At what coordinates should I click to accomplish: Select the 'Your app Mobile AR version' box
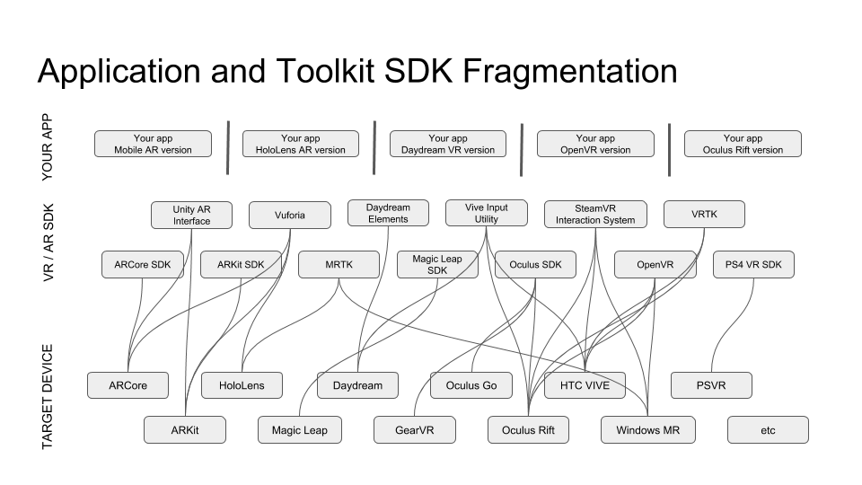pos(153,144)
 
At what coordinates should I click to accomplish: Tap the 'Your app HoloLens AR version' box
pos(300,144)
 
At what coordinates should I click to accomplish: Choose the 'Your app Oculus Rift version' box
pos(742,144)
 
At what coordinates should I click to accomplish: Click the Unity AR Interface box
pos(191,215)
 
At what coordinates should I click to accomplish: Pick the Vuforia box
pos(289,215)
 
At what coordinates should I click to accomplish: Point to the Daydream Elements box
pos(388,213)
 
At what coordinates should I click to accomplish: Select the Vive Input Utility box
pos(486,213)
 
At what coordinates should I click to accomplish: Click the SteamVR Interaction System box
pos(594,214)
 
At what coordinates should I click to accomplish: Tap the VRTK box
pos(704,215)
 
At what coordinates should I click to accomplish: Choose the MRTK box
pos(339,265)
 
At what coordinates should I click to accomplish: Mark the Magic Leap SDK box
pos(437,264)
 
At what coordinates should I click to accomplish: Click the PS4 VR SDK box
pos(753,265)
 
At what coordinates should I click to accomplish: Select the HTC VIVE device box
pos(585,385)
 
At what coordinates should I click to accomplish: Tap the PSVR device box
pos(711,385)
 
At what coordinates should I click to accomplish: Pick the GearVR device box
pos(414,430)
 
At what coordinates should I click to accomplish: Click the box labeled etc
pos(768,430)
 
